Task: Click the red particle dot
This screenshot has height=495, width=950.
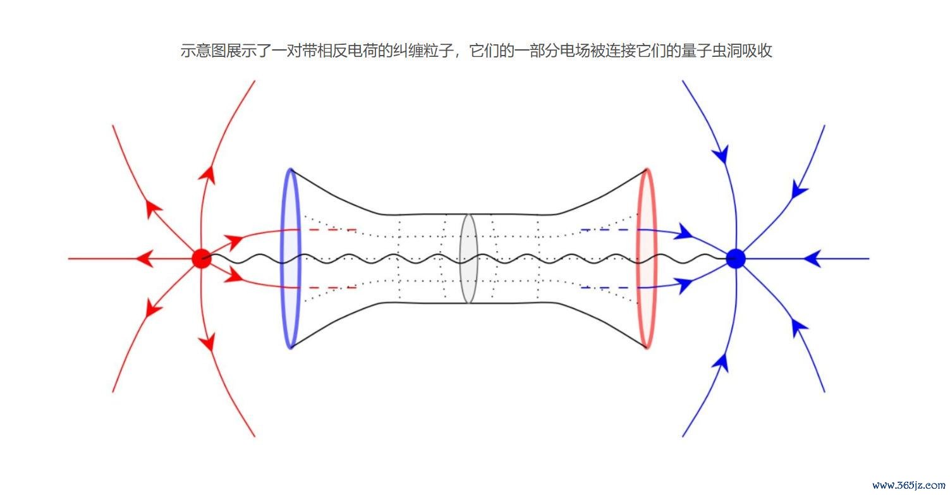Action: coord(202,259)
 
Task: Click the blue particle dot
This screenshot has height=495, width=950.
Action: coord(735,259)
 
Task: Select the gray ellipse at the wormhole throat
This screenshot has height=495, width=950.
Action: coord(461,259)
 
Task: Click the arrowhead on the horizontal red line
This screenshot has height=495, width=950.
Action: coord(145,259)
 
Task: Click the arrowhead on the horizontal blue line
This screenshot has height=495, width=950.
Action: coord(813,259)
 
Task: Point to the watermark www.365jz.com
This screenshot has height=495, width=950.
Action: coord(908,485)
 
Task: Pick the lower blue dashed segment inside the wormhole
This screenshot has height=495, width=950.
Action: coord(605,288)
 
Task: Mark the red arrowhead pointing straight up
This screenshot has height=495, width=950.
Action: coord(208,174)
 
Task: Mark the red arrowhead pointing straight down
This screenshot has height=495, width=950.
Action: coord(208,342)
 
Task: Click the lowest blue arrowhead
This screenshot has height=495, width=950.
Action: coord(721,363)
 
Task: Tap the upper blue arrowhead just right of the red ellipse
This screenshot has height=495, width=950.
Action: coord(684,231)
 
